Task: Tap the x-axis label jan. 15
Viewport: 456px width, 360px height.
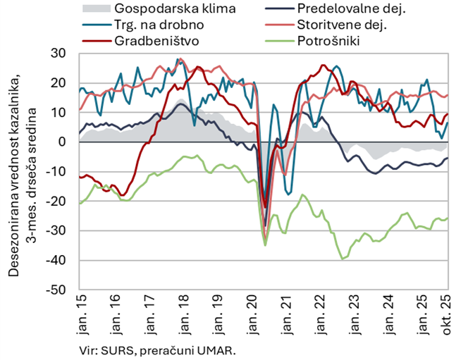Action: click(x=80, y=311)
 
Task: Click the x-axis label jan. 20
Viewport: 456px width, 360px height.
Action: click(x=254, y=311)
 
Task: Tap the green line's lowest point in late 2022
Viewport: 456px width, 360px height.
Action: click(x=343, y=259)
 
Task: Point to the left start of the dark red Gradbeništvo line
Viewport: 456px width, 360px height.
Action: click(x=79, y=177)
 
